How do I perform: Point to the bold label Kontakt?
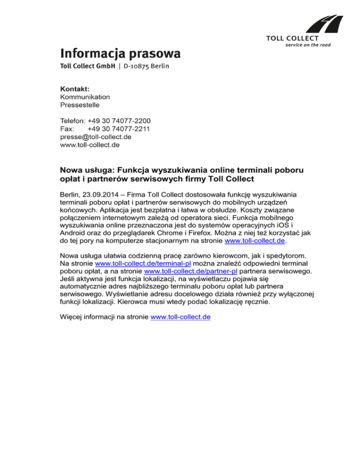pos(75,89)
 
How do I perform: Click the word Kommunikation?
pos(85,97)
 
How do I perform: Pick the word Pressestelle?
pos(80,105)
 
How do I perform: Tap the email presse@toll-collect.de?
pos(96,137)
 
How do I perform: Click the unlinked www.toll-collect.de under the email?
pos(90,145)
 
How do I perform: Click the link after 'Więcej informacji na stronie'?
pos(180,317)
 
